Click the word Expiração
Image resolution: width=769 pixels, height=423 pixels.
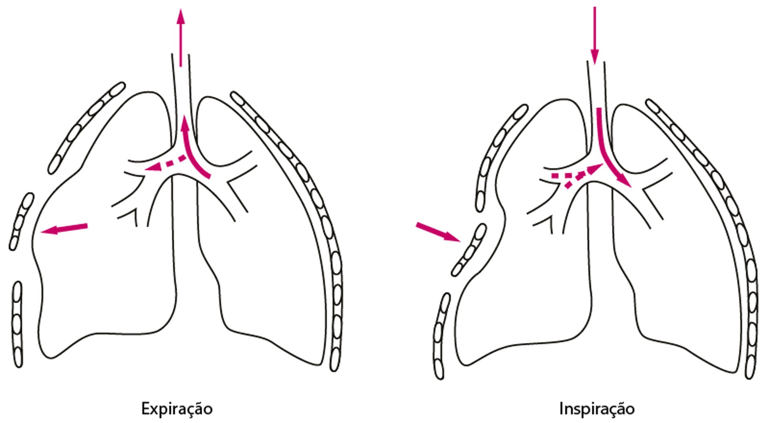point(177,409)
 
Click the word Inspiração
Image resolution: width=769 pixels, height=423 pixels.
point(597,409)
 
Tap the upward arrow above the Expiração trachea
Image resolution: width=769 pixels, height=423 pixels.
point(181,36)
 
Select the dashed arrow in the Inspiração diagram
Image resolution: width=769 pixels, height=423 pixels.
point(577,174)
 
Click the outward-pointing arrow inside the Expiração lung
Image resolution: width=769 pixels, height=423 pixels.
point(64,229)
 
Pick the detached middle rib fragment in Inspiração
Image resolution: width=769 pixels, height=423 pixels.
point(469,250)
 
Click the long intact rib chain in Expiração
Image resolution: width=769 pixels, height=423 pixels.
point(304,200)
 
